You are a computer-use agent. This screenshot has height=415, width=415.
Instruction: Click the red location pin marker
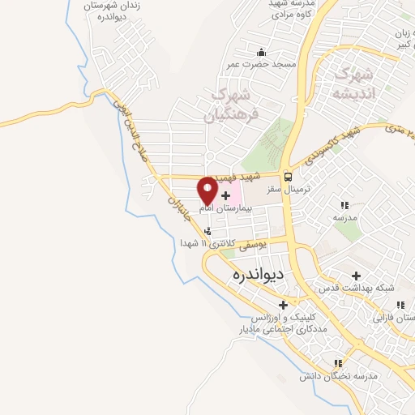pos(207,190)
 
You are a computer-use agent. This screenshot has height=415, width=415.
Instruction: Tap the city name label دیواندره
pos(257,274)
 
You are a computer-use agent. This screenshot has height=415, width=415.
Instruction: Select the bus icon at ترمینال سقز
pos(288,178)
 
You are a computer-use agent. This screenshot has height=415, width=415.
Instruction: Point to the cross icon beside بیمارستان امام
pos(225,195)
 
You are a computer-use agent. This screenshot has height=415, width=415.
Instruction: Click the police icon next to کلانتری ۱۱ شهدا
pos(208,232)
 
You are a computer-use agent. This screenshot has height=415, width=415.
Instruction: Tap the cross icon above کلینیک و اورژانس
pos(283,305)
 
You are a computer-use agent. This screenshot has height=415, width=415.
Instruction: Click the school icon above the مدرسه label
pos(344,206)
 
